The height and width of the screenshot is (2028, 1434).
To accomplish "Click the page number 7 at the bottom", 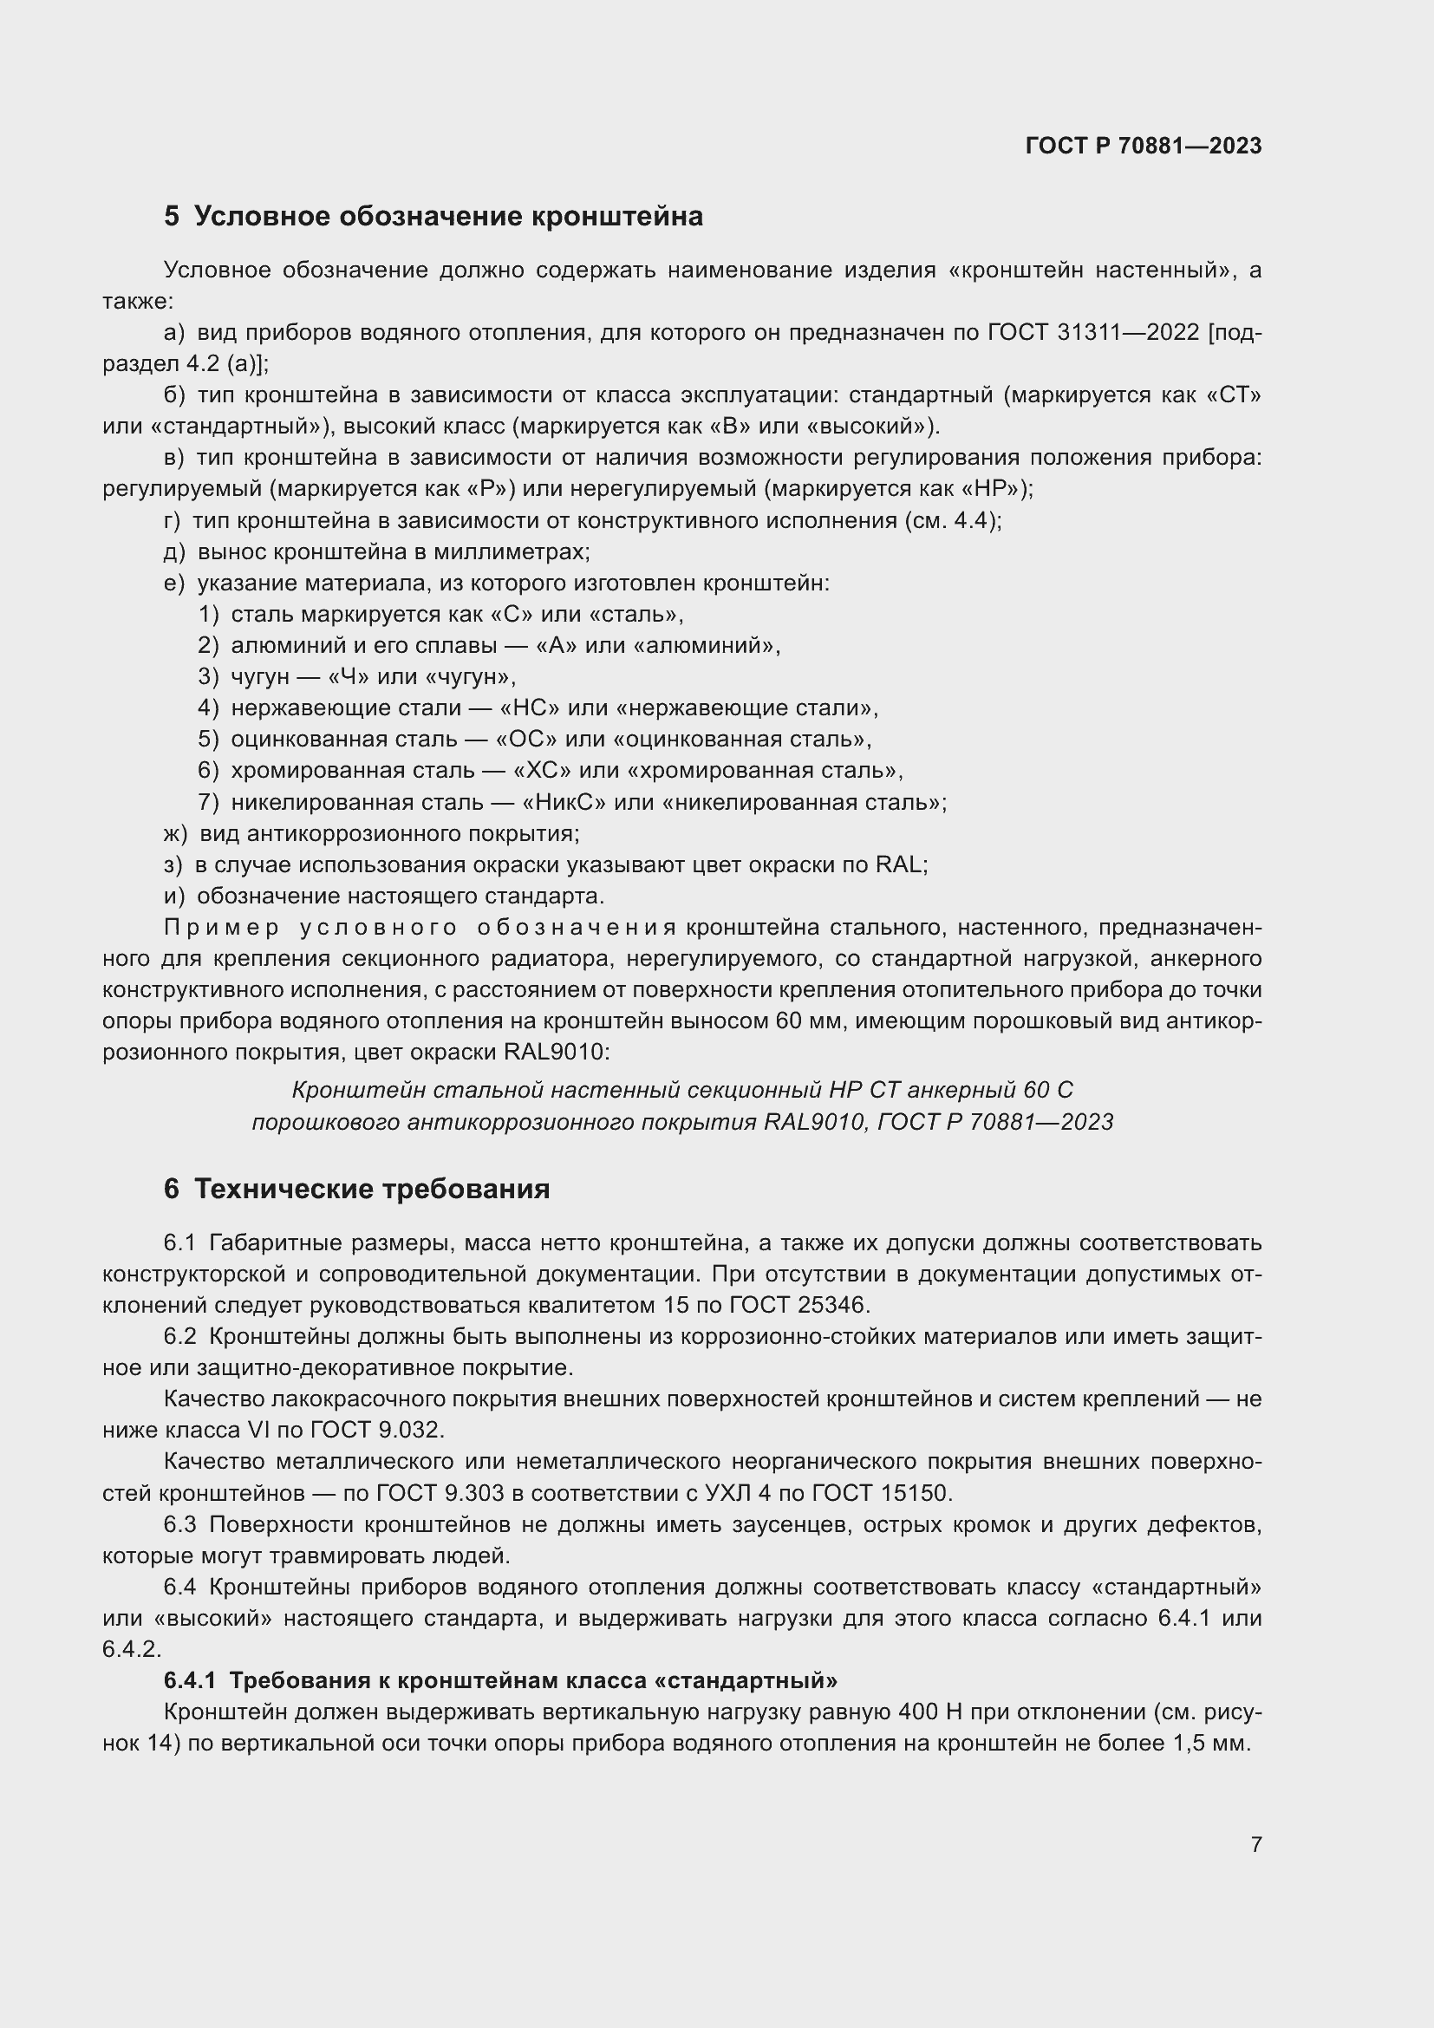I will [1255, 1844].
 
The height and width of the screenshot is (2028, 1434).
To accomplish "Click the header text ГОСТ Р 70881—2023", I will [1144, 146].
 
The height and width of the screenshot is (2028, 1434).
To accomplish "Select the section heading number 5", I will [172, 217].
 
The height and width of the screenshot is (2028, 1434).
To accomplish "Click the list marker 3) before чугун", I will [208, 676].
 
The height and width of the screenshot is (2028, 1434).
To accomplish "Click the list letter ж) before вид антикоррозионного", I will [176, 833].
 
